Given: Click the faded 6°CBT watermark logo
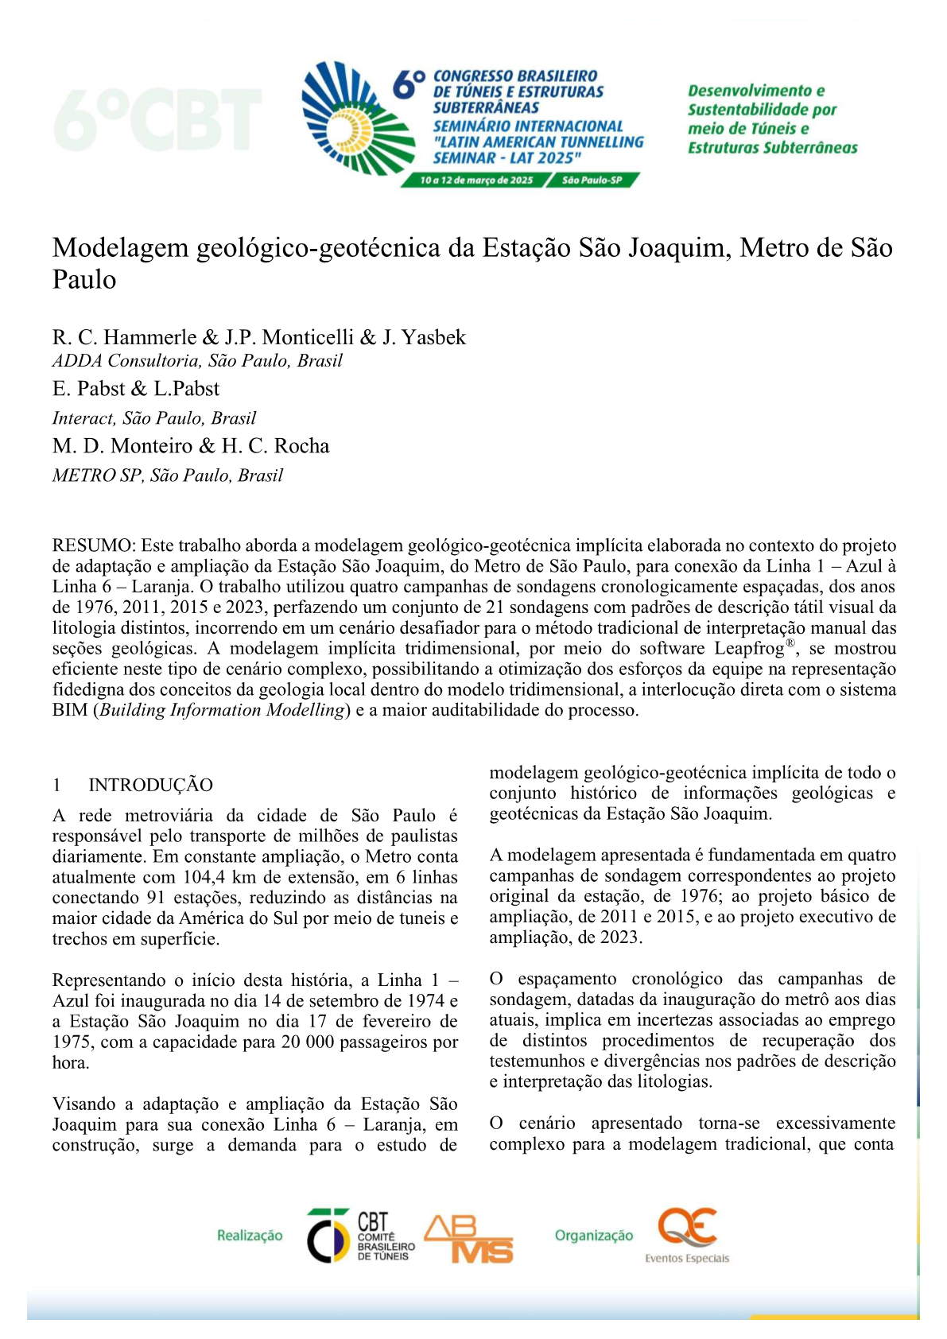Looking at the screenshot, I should [x=157, y=120].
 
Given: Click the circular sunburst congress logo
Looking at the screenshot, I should [x=358, y=118].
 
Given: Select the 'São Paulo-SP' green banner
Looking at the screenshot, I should [x=592, y=180].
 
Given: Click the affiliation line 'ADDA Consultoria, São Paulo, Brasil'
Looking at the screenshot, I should [x=197, y=361].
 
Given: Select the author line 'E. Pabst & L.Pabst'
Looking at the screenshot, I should [x=136, y=389].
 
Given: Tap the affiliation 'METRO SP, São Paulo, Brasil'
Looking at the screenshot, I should [x=168, y=475].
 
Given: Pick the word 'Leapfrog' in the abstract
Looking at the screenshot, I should [x=748, y=649].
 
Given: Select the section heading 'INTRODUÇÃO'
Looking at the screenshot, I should [x=150, y=786].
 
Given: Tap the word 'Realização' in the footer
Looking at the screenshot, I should [x=250, y=1235].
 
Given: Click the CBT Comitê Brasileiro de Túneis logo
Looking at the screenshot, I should [x=361, y=1235].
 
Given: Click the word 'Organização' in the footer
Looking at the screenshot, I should [x=594, y=1235].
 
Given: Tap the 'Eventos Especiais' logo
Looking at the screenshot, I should [x=687, y=1236].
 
